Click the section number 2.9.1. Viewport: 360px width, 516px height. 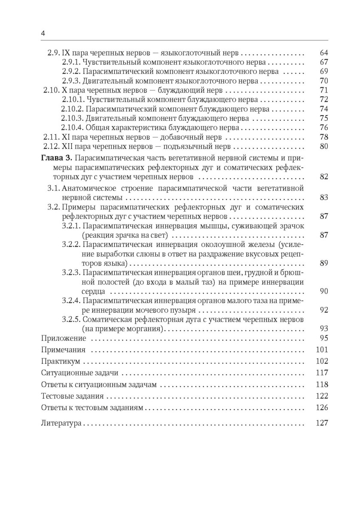click(71, 62)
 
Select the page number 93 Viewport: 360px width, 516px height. click(324, 329)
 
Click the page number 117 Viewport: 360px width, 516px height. click(322, 372)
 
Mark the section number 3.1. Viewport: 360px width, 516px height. click(53, 188)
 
